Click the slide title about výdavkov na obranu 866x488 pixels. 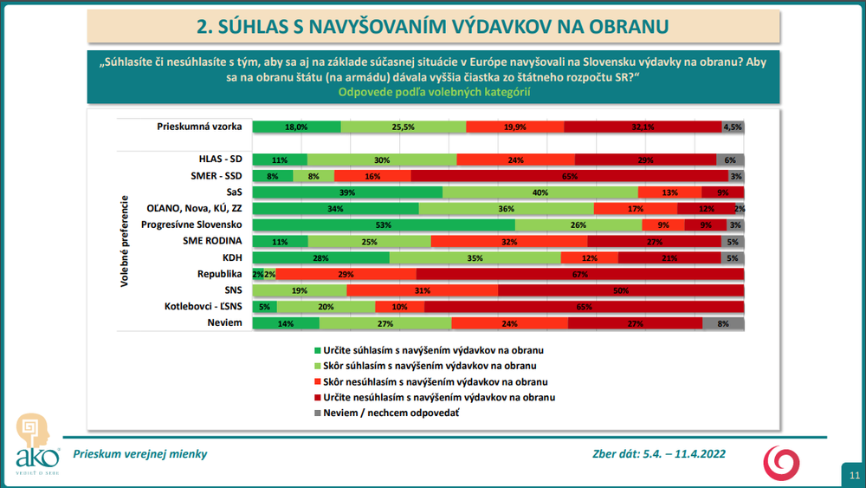click(x=432, y=27)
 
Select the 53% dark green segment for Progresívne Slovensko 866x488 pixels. click(x=384, y=225)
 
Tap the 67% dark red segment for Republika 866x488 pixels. click(x=580, y=274)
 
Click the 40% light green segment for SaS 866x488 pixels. click(x=540, y=192)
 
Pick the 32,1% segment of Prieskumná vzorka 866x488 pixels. click(x=642, y=127)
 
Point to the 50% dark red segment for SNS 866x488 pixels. click(x=621, y=290)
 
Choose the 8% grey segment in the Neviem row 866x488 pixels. click(x=723, y=323)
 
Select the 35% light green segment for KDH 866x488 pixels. click(x=475, y=257)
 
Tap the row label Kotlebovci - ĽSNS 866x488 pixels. click(x=204, y=307)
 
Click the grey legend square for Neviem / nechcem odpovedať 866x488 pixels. click(x=317, y=413)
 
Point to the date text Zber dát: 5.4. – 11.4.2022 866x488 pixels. click(x=660, y=453)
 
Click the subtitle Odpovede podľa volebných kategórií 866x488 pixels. click(x=433, y=92)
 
